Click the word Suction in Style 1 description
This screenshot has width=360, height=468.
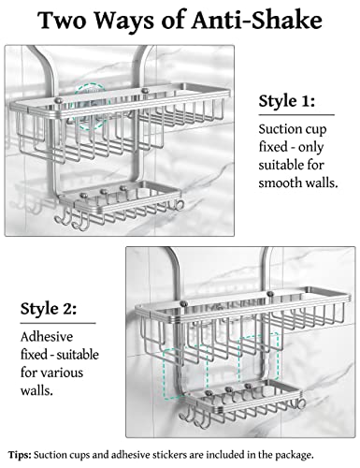point(280,129)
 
